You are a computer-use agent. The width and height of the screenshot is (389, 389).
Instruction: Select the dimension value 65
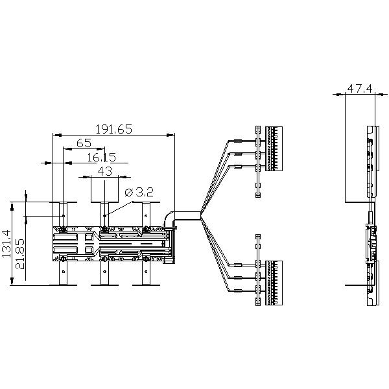(x=84, y=143)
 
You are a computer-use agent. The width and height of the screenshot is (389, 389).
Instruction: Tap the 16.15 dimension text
(x=100, y=157)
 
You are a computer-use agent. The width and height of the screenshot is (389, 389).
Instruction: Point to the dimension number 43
(x=104, y=171)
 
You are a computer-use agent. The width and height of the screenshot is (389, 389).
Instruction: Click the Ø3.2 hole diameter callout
(x=137, y=192)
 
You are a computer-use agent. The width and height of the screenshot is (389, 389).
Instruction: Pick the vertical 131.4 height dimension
(x=7, y=243)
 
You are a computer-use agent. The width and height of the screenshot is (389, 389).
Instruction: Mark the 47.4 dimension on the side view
(x=359, y=89)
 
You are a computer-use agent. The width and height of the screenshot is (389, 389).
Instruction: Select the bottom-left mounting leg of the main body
(x=64, y=273)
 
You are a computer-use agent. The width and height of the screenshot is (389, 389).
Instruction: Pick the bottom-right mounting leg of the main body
(x=146, y=273)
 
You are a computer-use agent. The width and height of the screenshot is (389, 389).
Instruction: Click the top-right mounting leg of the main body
(x=146, y=213)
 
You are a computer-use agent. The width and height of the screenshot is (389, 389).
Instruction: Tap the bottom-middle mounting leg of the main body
(x=104, y=273)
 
